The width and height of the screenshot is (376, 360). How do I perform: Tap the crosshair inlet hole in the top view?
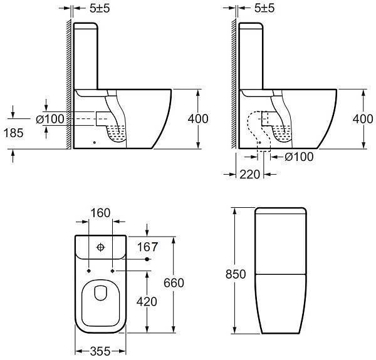coord(99,247)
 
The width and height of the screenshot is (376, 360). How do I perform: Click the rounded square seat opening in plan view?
coord(100,301)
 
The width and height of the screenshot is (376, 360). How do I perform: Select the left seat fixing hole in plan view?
coord(88,271)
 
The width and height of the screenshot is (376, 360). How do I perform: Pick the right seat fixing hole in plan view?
coord(112,271)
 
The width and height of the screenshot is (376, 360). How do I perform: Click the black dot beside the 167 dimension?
coord(147,259)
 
